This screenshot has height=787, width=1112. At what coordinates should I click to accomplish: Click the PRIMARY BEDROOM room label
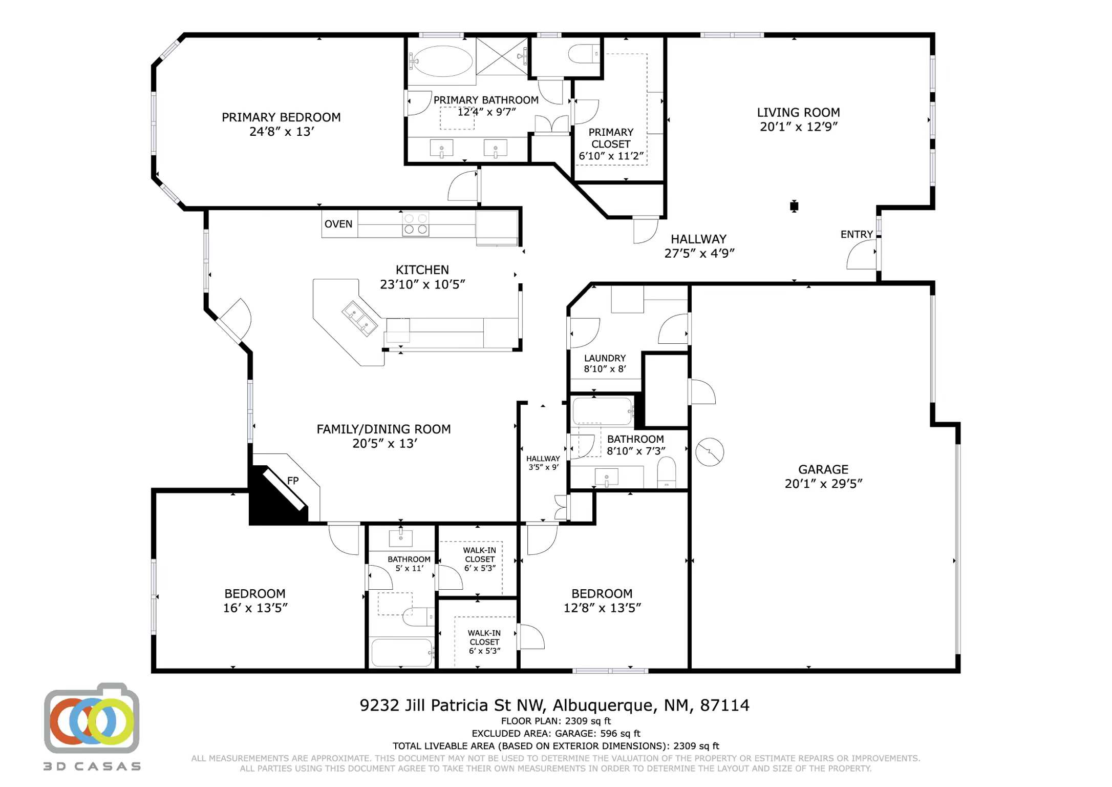[281, 117]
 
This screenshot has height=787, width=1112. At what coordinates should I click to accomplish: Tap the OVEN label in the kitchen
[338, 224]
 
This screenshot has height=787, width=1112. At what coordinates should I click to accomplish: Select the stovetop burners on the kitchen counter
[415, 224]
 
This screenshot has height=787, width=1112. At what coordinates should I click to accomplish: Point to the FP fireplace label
[293, 481]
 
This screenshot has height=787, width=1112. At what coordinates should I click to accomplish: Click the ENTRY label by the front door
[857, 234]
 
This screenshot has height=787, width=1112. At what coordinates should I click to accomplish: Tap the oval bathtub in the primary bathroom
[443, 61]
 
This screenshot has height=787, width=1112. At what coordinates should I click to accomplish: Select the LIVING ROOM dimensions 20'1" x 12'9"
[799, 127]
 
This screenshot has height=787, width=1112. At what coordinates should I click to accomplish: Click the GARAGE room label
[823, 469]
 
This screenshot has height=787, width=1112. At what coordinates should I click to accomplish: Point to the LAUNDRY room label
[605, 358]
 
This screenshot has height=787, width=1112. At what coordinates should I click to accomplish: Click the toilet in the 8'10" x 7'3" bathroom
[667, 472]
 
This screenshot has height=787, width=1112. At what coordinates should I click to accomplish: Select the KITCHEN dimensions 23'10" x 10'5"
[422, 284]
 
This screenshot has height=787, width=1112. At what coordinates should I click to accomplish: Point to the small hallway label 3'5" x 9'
[543, 467]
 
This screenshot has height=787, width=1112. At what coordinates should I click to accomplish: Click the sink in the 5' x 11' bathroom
[401, 538]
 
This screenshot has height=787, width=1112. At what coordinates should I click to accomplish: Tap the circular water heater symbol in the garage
[710, 452]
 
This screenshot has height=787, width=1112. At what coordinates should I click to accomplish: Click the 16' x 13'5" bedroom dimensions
[255, 608]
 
